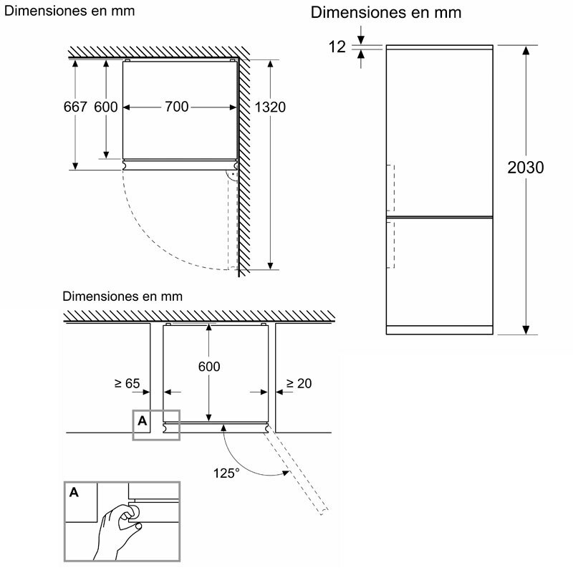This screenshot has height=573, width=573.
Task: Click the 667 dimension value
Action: (x=75, y=107)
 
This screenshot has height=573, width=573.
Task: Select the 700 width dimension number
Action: (x=177, y=107)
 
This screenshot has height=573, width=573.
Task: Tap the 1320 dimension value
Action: (x=270, y=107)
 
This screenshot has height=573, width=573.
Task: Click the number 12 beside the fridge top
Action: (x=337, y=47)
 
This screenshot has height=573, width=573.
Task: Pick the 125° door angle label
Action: (x=227, y=473)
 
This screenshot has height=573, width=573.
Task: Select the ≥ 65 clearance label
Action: (x=127, y=384)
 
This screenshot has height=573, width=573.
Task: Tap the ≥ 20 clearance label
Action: (x=299, y=384)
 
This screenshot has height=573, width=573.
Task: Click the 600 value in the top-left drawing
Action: (x=105, y=107)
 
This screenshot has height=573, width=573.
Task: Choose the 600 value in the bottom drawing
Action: (x=209, y=366)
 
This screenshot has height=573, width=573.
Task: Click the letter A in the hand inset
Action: (x=74, y=493)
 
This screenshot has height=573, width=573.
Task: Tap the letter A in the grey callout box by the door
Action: (x=142, y=421)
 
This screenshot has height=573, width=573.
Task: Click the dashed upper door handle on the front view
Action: (x=391, y=187)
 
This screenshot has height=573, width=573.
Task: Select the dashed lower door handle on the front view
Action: (x=391, y=244)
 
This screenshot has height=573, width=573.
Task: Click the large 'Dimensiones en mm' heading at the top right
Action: (x=386, y=13)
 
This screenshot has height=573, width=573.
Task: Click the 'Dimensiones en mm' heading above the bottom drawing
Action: (x=122, y=296)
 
